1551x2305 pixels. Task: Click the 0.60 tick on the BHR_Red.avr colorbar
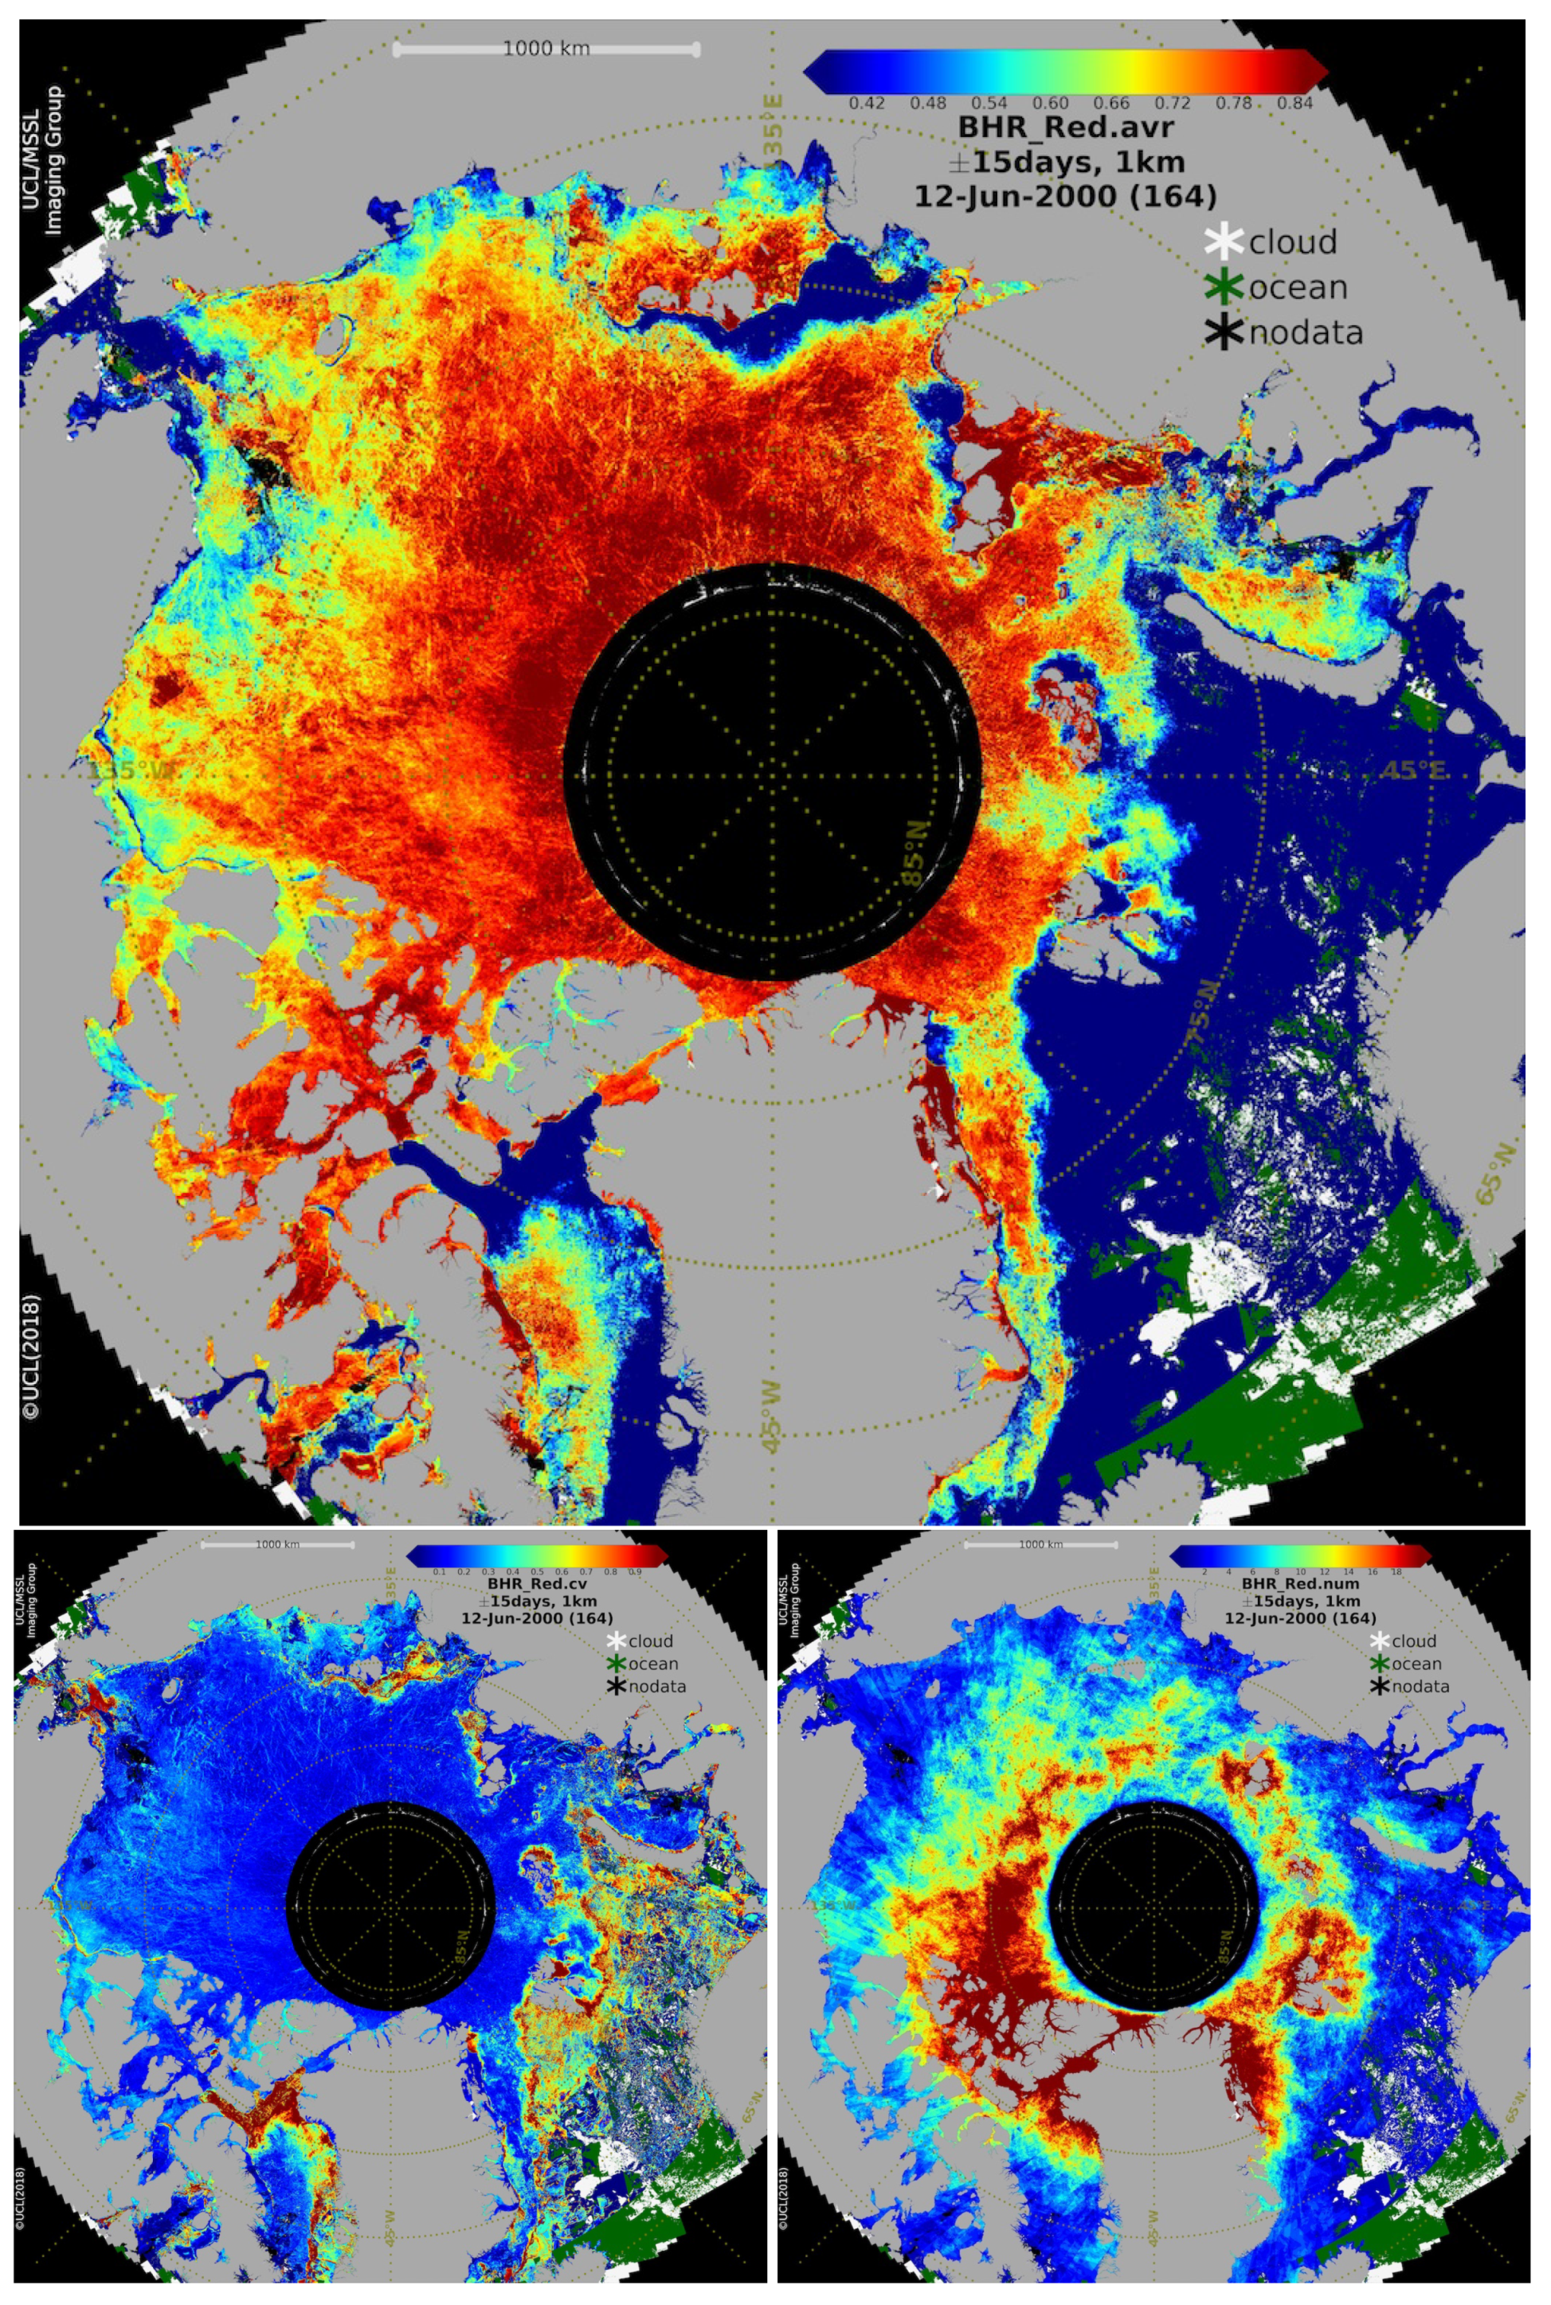tap(1051, 103)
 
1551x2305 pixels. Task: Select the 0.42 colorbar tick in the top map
tap(867, 103)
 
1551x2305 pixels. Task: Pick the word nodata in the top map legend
tap(1306, 333)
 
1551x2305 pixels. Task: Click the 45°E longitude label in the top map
tap(1416, 770)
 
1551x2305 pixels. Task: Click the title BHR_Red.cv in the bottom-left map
tap(536, 1584)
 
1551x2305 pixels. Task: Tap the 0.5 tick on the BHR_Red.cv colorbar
tap(536, 1571)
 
